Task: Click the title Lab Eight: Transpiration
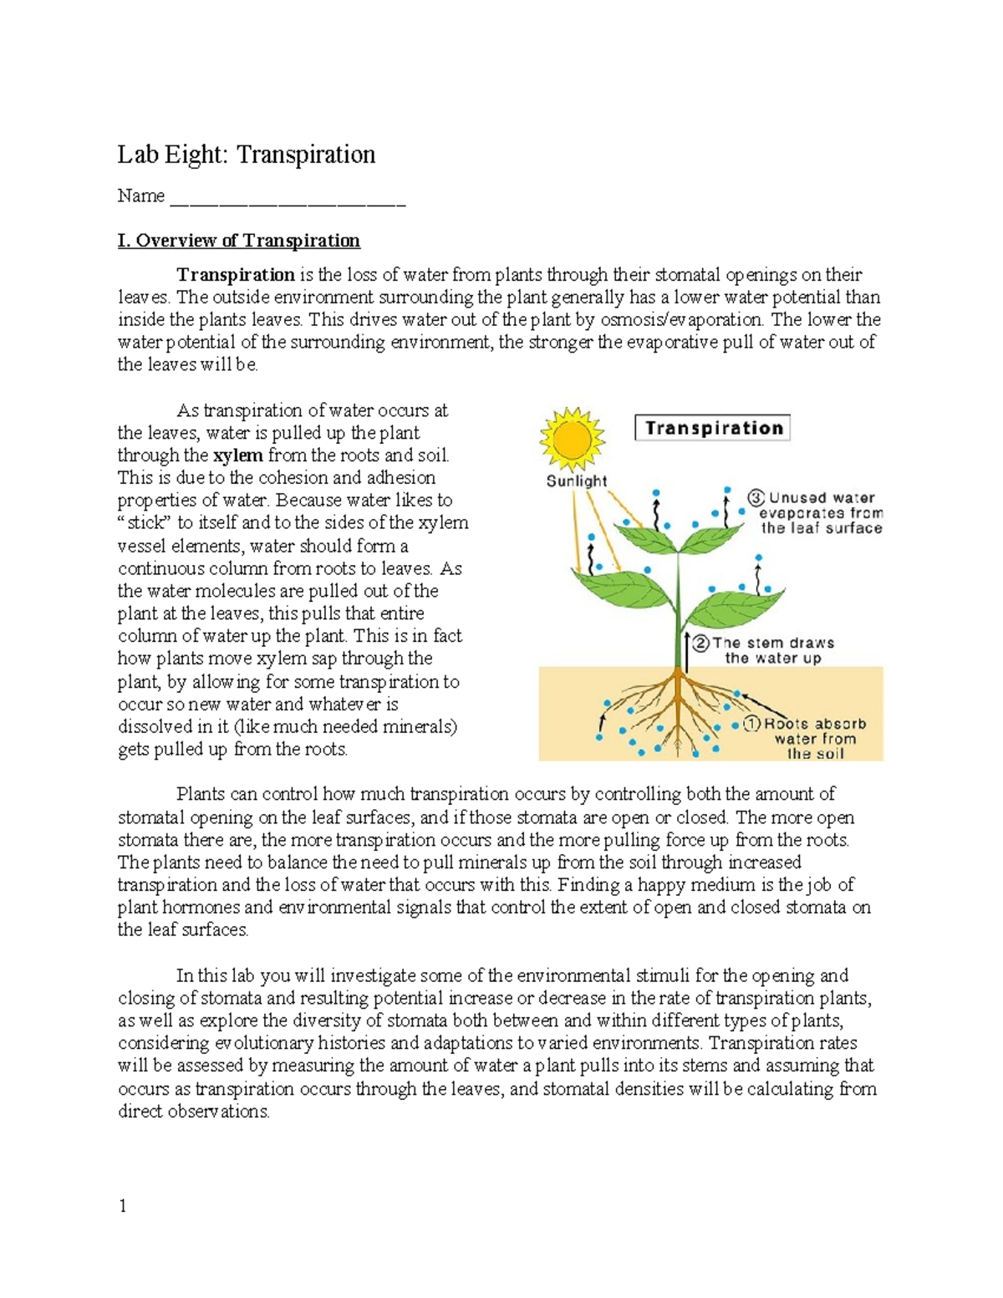pos(246,155)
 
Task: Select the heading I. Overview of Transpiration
pos(238,241)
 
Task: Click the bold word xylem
pos(238,456)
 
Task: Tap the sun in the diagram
pos(572,439)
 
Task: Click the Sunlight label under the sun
pos(576,481)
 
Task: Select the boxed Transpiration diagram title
pos(713,428)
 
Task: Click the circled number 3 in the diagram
pos(756,498)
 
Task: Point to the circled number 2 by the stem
pos(700,643)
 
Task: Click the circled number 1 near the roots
pos(751,724)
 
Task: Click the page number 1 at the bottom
pos(122,1205)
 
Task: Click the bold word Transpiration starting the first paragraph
pos(235,275)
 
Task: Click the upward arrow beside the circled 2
pos(687,653)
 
